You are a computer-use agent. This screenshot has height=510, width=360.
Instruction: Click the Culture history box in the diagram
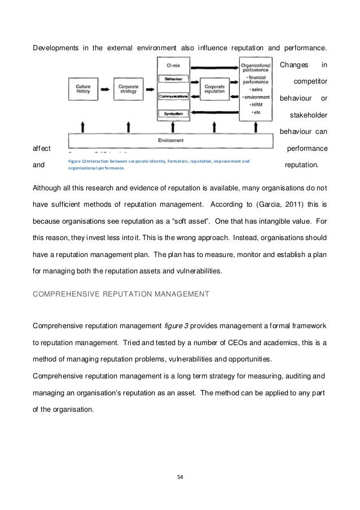[84, 89]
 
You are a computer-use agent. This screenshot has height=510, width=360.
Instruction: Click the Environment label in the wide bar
[173, 140]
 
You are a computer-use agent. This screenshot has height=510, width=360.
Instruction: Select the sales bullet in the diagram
[255, 90]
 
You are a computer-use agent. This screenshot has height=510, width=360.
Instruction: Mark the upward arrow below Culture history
[84, 125]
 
